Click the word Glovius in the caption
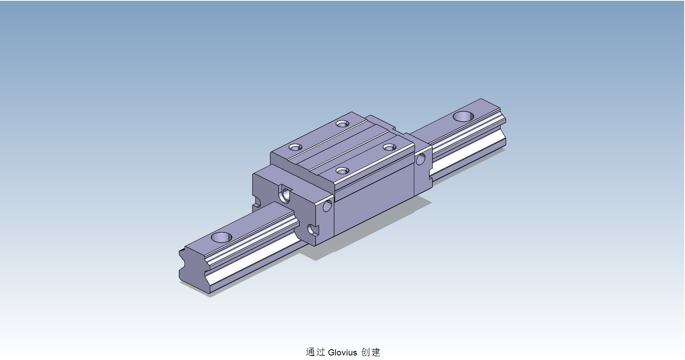pos(342,353)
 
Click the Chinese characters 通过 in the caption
pos(315,352)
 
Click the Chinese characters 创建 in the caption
pos(371,352)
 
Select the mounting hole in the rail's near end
pos(222,237)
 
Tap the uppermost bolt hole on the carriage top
pos(342,123)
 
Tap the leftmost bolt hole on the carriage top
pos(295,147)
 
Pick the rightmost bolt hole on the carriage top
pos(389,147)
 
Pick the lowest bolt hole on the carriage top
pos(342,171)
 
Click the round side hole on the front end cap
pos(327,206)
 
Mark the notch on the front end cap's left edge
pos(257,202)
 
